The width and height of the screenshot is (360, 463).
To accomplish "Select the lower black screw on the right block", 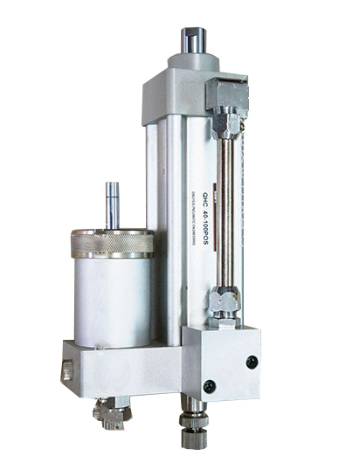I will tap(210, 385).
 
